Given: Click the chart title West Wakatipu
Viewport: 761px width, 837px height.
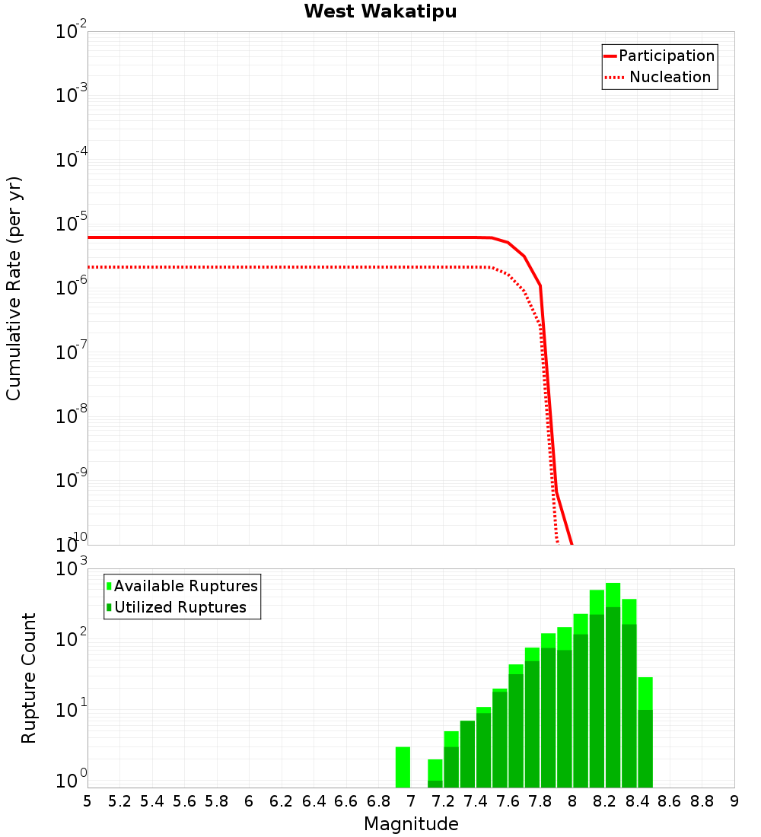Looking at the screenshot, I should (380, 12).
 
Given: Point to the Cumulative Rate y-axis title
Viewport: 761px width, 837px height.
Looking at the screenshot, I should (14, 288).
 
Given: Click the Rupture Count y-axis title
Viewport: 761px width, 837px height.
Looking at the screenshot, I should (29, 678).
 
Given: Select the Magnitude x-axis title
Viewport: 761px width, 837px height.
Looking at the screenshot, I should (411, 824).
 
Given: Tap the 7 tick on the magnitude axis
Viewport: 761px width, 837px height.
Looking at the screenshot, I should (411, 801).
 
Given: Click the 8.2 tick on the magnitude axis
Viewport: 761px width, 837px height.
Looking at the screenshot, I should (605, 801).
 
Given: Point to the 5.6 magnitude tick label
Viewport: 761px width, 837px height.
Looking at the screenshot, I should (185, 801).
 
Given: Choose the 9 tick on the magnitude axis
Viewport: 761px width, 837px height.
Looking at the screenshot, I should (734, 801).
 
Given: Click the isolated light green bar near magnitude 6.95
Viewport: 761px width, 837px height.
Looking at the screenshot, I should (403, 767).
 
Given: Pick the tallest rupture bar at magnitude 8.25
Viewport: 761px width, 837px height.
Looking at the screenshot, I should (613, 685).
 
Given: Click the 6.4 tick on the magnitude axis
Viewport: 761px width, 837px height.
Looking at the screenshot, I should (314, 801).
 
